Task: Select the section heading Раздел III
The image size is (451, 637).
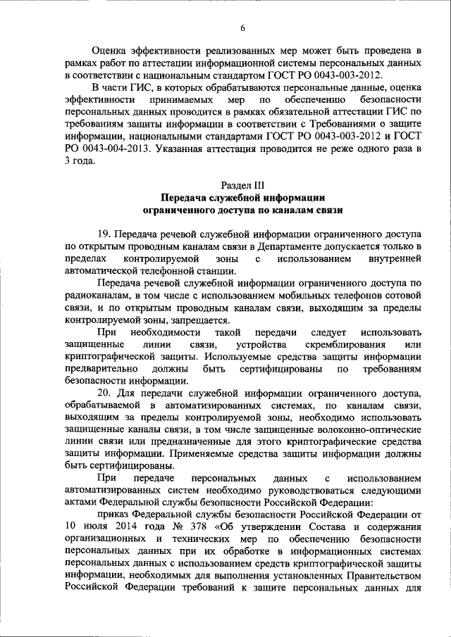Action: (242, 185)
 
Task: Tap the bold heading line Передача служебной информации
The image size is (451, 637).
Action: (242, 197)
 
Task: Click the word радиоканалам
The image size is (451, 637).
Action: (97, 295)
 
